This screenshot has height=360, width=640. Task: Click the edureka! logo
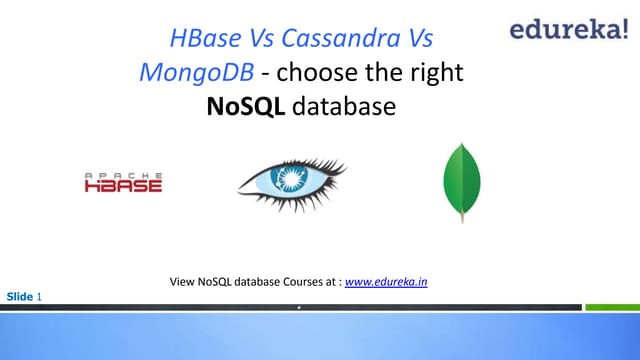(567, 29)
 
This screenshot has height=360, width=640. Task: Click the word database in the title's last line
(344, 104)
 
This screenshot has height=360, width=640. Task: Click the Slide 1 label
(24, 297)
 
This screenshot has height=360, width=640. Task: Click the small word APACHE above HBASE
(122, 175)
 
